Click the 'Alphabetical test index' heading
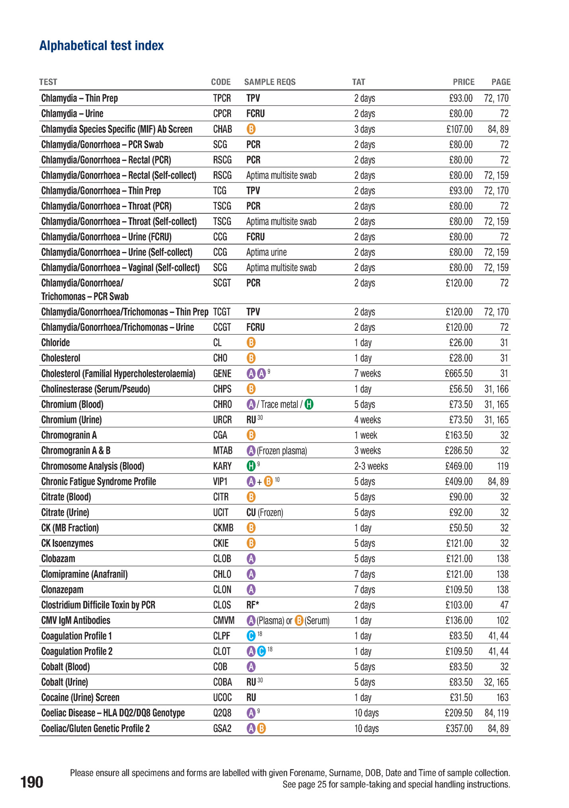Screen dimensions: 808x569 101,46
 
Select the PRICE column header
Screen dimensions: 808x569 463,82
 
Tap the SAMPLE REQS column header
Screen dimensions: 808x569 269,82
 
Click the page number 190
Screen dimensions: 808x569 31,782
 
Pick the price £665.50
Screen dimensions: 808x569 458,374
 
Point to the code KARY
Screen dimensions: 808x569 222,466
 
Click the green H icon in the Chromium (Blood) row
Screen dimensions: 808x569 309,404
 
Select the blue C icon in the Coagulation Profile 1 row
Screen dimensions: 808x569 251,636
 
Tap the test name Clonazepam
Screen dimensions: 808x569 62,590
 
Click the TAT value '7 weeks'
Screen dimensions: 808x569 367,374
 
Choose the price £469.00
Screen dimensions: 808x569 459,466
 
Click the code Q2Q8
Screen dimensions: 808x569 222,713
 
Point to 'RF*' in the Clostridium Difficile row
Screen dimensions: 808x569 253,605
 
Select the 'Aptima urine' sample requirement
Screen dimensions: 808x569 266,253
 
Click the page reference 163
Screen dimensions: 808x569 502,698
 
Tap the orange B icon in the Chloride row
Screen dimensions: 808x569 251,343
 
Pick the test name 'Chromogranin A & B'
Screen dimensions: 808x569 76,451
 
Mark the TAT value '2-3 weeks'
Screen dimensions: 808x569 371,466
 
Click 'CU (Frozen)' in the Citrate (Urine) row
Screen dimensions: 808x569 265,513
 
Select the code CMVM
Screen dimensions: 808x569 224,620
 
